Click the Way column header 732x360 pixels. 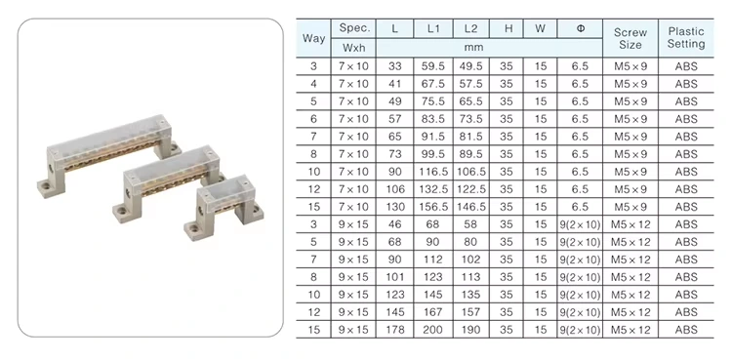pyautogui.click(x=313, y=38)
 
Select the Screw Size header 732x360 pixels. pyautogui.click(x=630, y=39)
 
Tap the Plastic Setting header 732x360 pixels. pyautogui.click(x=686, y=38)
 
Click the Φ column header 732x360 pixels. pyautogui.click(x=581, y=28)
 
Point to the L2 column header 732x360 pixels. pyautogui.click(x=470, y=28)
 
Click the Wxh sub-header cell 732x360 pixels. pyautogui.click(x=353, y=48)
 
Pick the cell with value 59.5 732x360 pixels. pyautogui.click(x=432, y=66)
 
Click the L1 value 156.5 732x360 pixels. pyautogui.click(x=432, y=207)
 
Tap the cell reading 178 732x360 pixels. pyautogui.click(x=394, y=330)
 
